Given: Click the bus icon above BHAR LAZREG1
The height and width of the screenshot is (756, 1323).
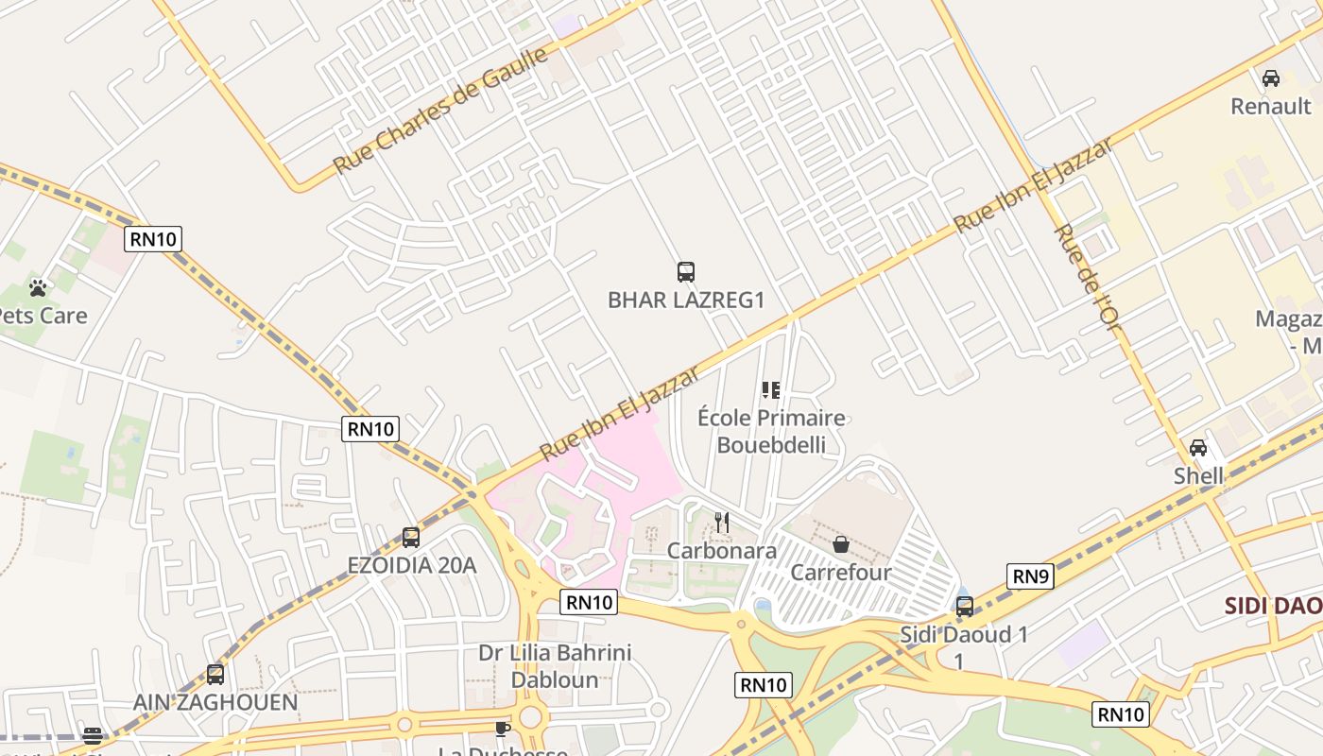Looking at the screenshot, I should [686, 272].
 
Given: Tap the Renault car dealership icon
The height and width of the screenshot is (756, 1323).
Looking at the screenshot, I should [1271, 78].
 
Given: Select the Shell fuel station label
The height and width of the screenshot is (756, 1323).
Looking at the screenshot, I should [1198, 476].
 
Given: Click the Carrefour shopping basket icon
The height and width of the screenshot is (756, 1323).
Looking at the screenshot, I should [840, 544].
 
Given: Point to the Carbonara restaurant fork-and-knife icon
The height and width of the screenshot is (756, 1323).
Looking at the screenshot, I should [722, 522].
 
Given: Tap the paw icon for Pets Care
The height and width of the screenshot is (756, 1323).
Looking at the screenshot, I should [38, 287].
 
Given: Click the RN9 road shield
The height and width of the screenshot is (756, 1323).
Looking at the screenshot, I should [1029, 576].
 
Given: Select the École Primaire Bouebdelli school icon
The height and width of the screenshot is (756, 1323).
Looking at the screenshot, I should [771, 389].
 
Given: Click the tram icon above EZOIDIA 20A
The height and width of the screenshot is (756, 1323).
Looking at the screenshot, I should [410, 537].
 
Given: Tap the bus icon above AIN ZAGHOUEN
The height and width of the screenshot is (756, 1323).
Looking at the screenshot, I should [215, 675].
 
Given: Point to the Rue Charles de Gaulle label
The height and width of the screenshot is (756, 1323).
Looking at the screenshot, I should [440, 111].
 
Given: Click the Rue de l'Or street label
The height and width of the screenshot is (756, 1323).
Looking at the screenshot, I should [1087, 281].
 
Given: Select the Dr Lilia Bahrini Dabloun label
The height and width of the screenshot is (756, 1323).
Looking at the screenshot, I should [555, 665].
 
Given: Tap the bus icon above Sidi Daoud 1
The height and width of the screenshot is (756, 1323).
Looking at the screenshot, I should [964, 607].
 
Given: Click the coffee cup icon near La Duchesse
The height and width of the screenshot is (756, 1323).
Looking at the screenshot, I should [503, 728].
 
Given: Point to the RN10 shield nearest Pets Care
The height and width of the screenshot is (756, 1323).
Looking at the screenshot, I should [153, 239].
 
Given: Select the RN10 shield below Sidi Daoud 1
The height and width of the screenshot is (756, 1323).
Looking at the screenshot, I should [1121, 713].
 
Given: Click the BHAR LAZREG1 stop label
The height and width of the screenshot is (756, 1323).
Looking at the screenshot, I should [685, 301].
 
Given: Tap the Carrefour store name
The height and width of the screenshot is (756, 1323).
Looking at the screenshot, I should [840, 573].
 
